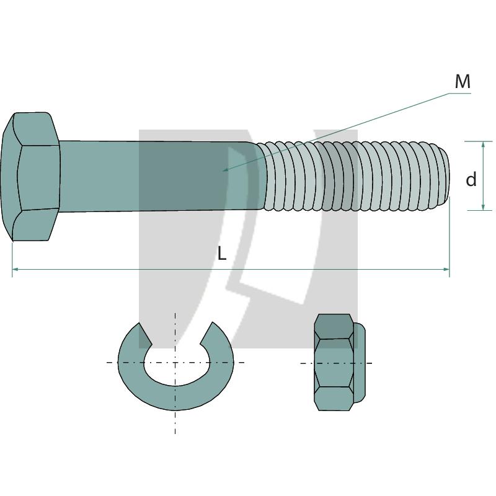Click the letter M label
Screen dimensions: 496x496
463,81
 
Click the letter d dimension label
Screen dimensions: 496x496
471,179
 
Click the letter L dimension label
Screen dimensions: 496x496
222,253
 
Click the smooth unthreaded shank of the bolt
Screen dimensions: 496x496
155,176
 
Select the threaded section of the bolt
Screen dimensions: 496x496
353,176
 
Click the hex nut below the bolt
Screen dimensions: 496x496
335,363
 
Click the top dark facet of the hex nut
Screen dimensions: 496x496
334,325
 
